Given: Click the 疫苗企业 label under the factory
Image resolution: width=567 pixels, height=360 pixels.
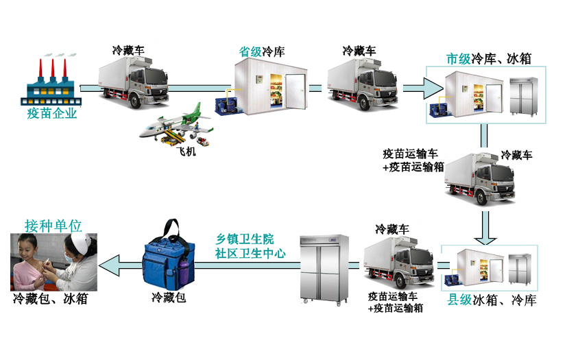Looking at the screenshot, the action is click(x=52, y=113).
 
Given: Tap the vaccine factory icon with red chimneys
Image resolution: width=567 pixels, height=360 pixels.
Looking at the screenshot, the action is click(x=51, y=82).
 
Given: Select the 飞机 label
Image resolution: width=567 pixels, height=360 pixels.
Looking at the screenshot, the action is click(x=186, y=151).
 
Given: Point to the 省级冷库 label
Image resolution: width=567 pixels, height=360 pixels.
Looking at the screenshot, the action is click(x=262, y=51).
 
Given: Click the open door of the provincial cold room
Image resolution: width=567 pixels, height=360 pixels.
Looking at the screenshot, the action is click(x=295, y=91).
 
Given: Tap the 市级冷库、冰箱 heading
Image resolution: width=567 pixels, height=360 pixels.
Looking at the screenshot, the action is click(x=489, y=58).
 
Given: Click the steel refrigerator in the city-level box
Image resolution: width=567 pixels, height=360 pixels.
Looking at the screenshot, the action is click(x=523, y=96).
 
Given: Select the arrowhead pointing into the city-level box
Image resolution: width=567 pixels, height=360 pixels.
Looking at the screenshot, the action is click(x=433, y=88).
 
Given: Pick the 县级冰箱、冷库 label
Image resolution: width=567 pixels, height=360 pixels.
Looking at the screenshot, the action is click(x=492, y=300).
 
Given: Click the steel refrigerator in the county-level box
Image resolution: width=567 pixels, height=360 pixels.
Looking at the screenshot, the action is click(x=520, y=269).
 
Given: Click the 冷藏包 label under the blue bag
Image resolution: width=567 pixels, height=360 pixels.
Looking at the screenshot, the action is click(x=169, y=298).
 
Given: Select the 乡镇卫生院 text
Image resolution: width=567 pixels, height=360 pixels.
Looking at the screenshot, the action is click(x=245, y=239).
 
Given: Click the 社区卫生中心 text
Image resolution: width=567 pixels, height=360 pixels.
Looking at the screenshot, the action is click(x=250, y=253).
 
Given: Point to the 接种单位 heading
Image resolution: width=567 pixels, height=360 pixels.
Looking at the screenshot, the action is click(x=53, y=226).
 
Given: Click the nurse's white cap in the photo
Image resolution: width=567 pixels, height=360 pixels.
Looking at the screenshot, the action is click(x=80, y=241).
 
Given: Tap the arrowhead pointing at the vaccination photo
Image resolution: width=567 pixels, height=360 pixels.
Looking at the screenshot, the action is click(x=109, y=265).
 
